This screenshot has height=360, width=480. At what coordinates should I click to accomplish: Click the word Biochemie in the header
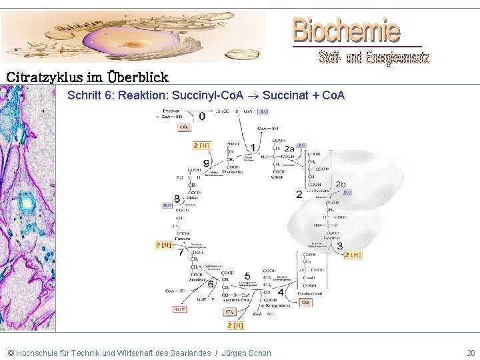[x=346, y=30]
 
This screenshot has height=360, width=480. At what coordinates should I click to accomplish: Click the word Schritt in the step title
[x=84, y=95]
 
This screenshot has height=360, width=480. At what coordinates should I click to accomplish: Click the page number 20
[x=471, y=352]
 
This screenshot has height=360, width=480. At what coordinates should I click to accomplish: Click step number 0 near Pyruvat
[x=201, y=116]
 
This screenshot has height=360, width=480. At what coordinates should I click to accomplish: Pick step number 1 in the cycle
[x=253, y=147]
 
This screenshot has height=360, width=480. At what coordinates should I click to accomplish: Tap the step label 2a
[x=289, y=149]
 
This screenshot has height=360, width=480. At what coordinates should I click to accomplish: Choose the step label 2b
[x=341, y=184]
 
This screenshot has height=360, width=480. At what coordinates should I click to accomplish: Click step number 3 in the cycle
[x=340, y=247]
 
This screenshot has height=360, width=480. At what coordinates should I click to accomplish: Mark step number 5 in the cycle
[x=247, y=275]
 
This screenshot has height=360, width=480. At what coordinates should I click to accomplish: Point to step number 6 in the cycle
[x=211, y=284]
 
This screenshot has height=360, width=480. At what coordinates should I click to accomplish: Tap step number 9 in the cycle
[x=206, y=163]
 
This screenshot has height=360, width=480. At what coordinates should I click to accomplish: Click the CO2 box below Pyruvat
[x=184, y=127]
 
